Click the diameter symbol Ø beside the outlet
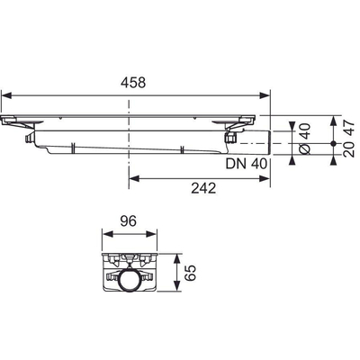(303, 147)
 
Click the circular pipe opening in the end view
(130, 280)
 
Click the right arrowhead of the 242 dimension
(267, 179)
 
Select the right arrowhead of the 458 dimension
(267, 93)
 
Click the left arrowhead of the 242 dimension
(133, 179)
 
